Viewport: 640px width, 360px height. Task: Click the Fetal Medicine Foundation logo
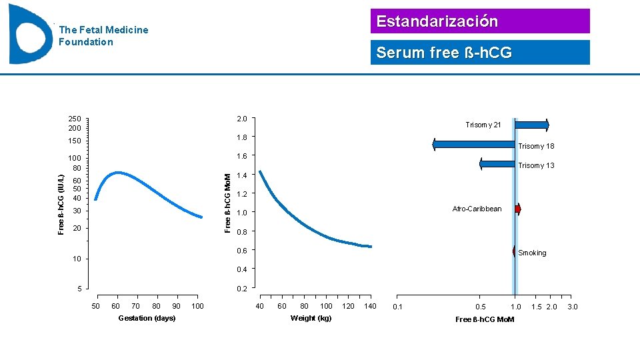click(x=30, y=33)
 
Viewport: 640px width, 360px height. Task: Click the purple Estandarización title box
click(x=480, y=21)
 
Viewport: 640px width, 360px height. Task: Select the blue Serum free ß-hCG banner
click(x=480, y=53)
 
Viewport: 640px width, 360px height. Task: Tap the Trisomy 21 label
click(x=483, y=125)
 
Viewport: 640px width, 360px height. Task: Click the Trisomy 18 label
click(x=536, y=147)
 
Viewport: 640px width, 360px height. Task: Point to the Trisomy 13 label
click(x=536, y=166)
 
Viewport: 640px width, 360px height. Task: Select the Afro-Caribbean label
click(x=477, y=209)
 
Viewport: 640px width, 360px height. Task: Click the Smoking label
click(x=532, y=253)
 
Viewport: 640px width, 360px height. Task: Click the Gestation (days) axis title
click(x=147, y=318)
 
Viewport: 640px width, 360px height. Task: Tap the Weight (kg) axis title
click(x=311, y=318)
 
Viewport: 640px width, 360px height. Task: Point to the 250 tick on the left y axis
click(x=74, y=119)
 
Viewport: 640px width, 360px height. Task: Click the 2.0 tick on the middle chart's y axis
click(x=241, y=119)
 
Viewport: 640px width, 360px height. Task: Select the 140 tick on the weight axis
click(x=369, y=307)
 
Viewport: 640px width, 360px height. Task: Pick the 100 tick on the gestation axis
click(x=197, y=307)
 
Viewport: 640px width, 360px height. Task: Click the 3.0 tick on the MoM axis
click(x=572, y=307)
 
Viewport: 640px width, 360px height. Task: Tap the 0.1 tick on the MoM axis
click(x=397, y=307)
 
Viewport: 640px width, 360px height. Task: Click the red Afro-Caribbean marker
click(x=518, y=209)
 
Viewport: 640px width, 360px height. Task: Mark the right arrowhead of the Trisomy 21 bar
click(x=547, y=125)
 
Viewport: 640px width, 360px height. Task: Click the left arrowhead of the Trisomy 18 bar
click(x=434, y=145)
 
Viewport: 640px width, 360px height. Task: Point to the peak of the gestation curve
click(x=118, y=173)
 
